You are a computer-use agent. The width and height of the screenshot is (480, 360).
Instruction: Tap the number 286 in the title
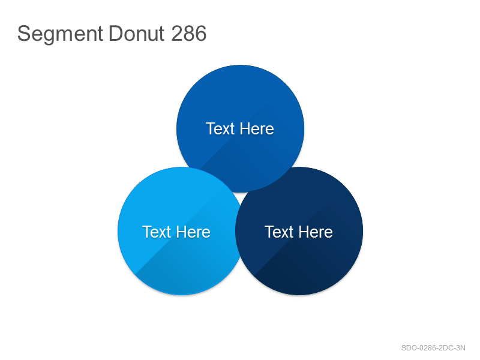[188, 33]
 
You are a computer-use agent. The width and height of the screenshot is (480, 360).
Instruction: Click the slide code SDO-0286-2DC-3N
[433, 348]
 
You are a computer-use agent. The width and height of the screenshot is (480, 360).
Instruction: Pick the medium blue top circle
[241, 101]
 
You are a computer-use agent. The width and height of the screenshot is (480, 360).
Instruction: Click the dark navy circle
[306, 260]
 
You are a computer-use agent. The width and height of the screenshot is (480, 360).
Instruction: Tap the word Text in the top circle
[220, 128]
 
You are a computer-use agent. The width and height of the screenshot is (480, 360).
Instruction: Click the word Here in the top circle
[257, 128]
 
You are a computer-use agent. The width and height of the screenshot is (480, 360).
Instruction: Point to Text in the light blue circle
[157, 232]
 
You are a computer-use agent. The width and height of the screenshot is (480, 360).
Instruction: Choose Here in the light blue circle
[193, 232]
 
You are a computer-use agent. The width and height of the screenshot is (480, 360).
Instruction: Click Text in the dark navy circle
[279, 232]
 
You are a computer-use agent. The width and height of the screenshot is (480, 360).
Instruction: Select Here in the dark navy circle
[316, 232]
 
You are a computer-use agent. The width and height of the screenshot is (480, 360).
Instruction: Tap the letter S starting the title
[24, 33]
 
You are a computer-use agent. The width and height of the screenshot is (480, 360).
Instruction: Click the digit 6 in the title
[200, 33]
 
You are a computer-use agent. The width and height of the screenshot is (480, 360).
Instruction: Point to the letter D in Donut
[115, 33]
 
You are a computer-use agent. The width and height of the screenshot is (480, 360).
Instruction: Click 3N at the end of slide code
[461, 348]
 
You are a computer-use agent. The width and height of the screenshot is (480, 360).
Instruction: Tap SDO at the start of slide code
[408, 348]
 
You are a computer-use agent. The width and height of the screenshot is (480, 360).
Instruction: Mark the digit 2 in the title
[176, 33]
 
